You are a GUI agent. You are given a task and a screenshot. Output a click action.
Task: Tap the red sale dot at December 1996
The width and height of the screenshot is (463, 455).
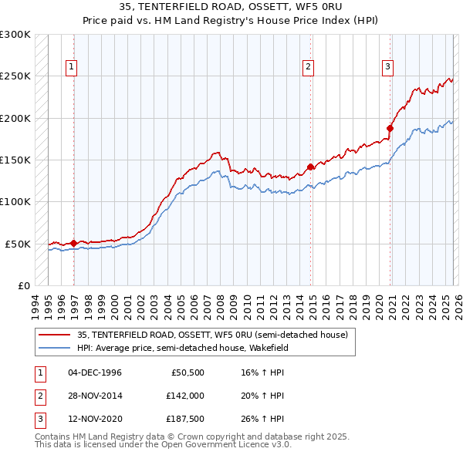click(x=73, y=243)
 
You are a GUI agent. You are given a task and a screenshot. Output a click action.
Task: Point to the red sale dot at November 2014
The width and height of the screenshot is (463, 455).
click(x=310, y=167)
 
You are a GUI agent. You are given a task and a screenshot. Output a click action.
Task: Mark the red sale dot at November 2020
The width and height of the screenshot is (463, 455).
click(x=390, y=129)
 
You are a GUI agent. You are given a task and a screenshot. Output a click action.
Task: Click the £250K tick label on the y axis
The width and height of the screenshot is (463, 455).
click(x=15, y=76)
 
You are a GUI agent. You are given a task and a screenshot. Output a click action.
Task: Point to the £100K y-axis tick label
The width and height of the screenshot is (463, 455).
click(x=15, y=202)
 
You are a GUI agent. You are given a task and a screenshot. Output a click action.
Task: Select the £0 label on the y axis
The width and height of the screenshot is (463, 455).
click(x=23, y=285)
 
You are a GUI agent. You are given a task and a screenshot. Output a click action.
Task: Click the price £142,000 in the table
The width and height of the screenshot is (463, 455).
click(x=184, y=396)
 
